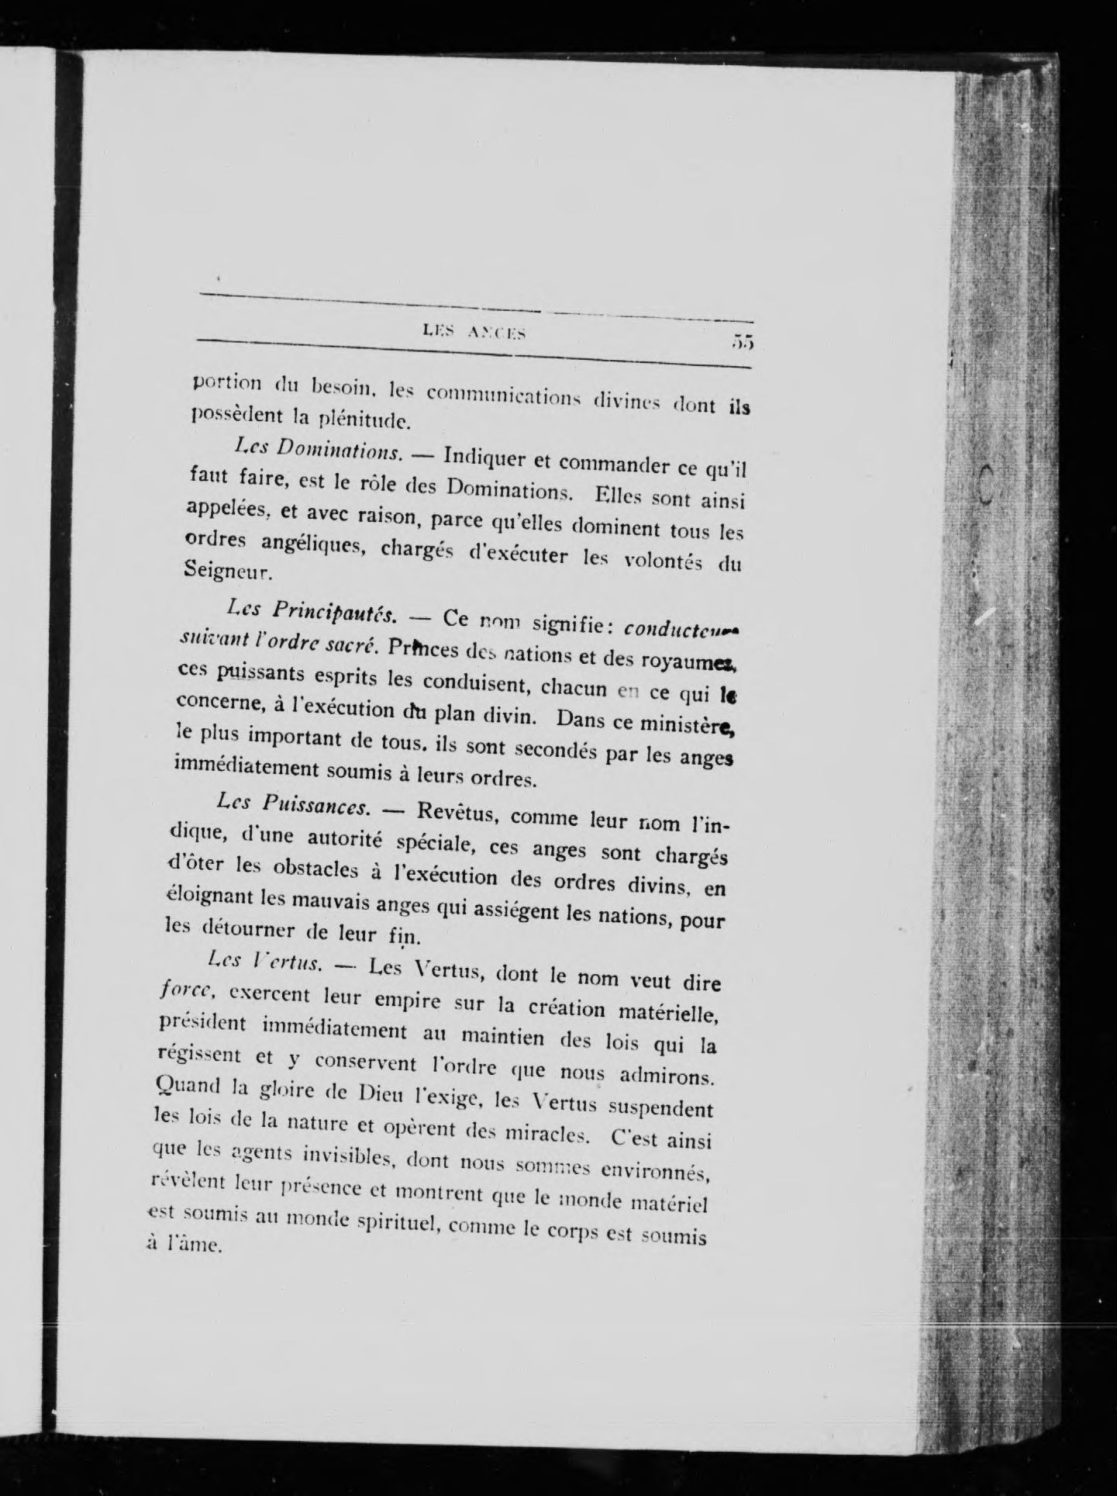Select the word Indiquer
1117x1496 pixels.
click(485, 458)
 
